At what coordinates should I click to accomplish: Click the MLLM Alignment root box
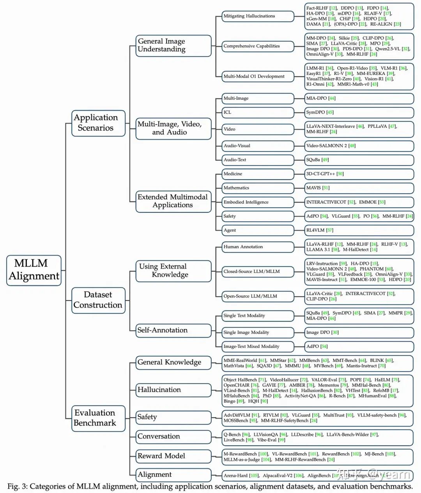[x=34, y=270]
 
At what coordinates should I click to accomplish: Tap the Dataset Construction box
[x=98, y=300]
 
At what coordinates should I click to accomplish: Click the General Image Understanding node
[x=173, y=45]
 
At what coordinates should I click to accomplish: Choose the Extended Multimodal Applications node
[x=173, y=201]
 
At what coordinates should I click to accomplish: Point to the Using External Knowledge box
[x=173, y=271]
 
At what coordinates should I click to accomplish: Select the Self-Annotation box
[x=173, y=330]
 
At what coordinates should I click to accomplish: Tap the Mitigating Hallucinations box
[x=257, y=16]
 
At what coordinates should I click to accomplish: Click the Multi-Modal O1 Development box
[x=257, y=77]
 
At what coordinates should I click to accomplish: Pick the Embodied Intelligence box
[x=257, y=202]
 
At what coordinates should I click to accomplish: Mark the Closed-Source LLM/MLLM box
[x=257, y=272]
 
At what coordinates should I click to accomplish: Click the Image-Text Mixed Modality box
[x=257, y=347]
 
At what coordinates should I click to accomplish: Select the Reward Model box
[x=173, y=456]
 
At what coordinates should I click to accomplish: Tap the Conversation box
[x=173, y=436]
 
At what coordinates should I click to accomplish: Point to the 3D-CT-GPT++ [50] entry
[x=325, y=174]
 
